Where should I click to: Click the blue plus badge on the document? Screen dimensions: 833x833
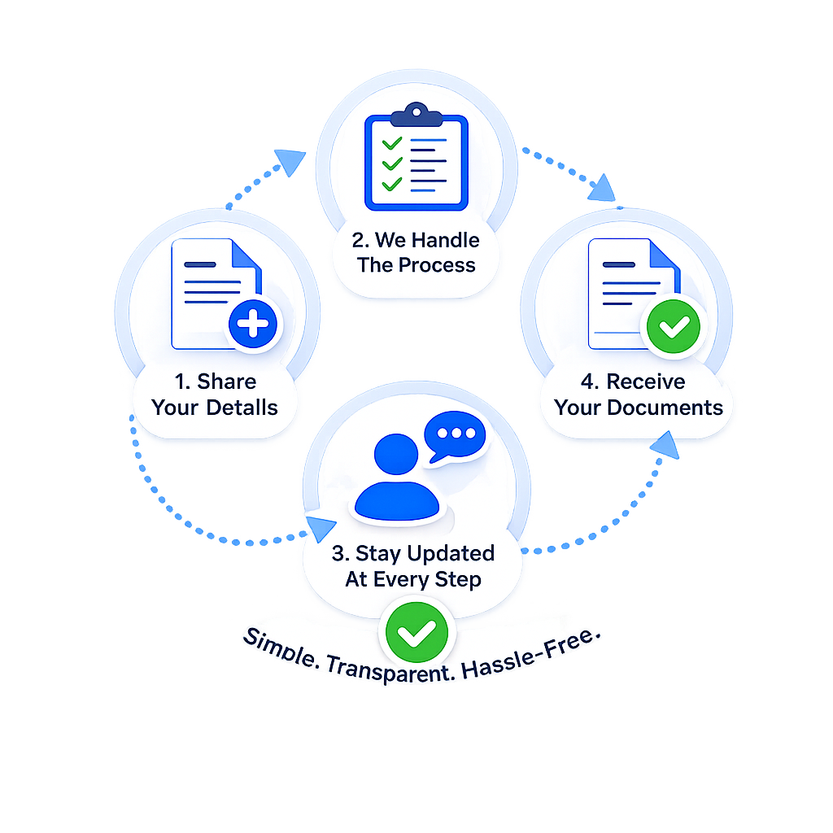point(254,325)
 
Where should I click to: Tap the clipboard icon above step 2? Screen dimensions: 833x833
point(416,158)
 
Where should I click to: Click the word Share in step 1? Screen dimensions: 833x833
point(226,382)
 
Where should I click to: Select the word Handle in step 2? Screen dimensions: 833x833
point(446,240)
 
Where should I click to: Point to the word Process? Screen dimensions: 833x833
point(439,265)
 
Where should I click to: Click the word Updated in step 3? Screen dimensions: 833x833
point(451,554)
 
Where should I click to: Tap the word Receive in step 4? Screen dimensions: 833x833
point(646,382)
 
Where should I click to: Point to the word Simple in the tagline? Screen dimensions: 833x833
point(280,651)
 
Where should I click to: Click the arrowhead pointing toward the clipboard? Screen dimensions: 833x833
point(290,160)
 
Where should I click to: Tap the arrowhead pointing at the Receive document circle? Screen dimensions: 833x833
point(604,188)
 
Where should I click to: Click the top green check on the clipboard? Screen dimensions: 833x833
point(392,143)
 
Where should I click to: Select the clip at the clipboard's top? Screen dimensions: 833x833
point(416,114)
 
